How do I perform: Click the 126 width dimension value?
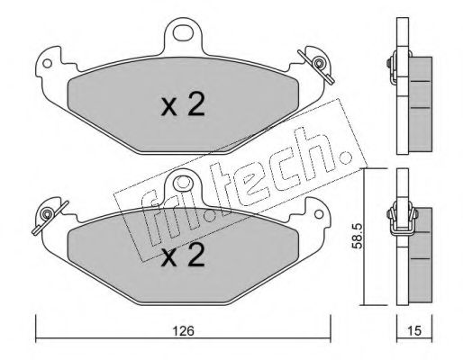tap(184, 331)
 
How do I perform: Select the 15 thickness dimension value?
tap(415, 330)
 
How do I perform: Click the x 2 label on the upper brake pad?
tap(183, 104)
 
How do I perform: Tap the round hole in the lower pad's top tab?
tap(183, 182)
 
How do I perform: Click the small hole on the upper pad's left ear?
tap(47, 63)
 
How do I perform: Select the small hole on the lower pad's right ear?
tap(319, 214)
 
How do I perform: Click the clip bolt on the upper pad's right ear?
tap(318, 63)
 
